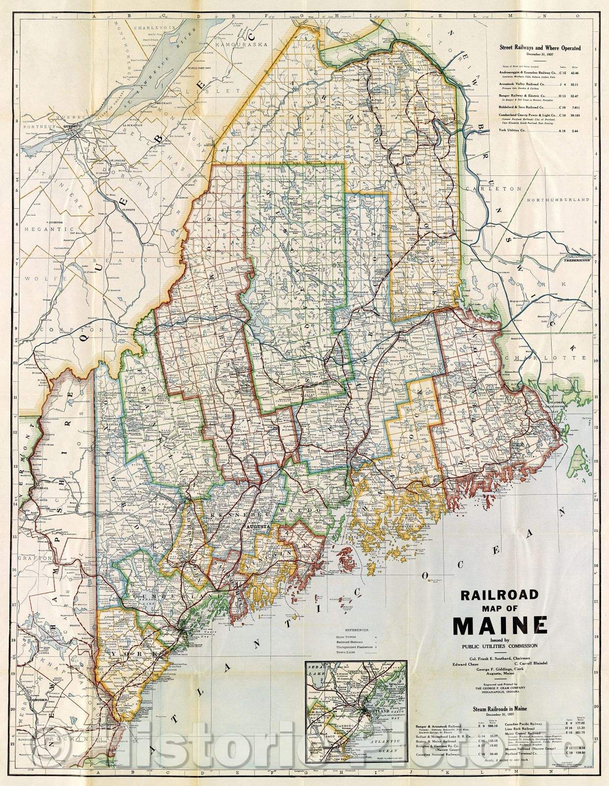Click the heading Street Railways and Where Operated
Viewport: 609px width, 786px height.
tap(540, 48)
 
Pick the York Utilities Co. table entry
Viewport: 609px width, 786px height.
tap(515, 131)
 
